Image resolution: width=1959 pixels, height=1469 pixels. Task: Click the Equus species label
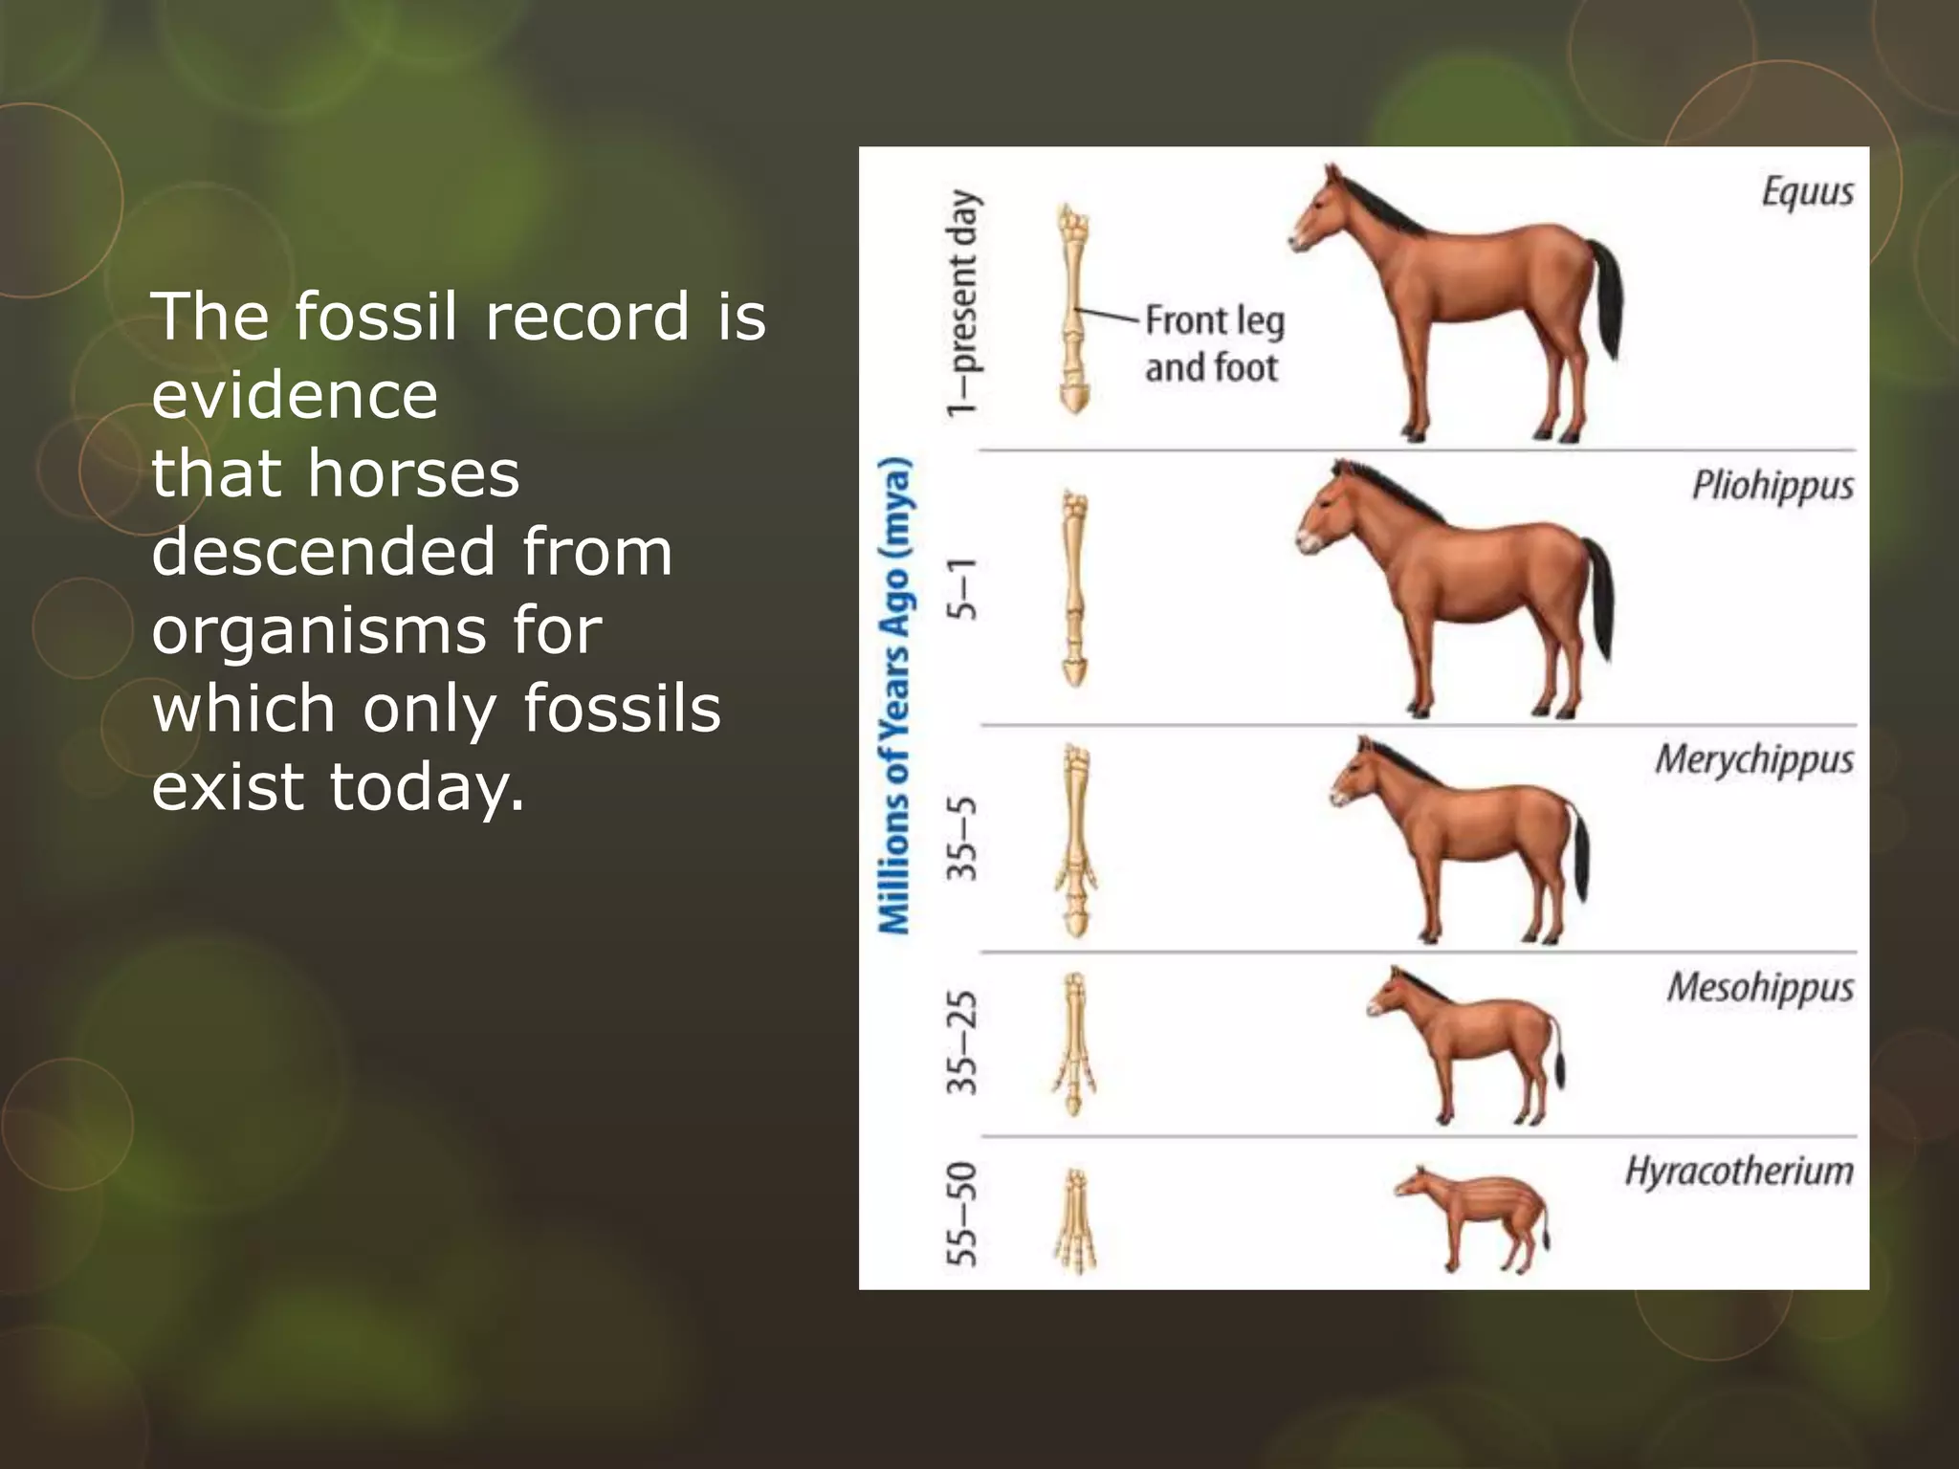pyautogui.click(x=1807, y=192)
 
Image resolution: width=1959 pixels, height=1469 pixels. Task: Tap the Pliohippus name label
pyautogui.click(x=1772, y=486)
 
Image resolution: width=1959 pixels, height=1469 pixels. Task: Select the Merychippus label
pyautogui.click(x=1754, y=760)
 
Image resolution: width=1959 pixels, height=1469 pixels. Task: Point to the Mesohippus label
pyautogui.click(x=1760, y=988)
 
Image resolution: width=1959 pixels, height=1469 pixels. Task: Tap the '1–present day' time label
pyautogui.click(x=963, y=303)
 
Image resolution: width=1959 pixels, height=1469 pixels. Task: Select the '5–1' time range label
pyautogui.click(x=963, y=588)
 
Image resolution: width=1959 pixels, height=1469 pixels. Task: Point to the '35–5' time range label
pyautogui.click(x=963, y=838)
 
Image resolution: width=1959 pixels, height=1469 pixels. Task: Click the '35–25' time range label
pyautogui.click(x=963, y=1043)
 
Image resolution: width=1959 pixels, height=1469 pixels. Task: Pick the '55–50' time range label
pyautogui.click(x=963, y=1214)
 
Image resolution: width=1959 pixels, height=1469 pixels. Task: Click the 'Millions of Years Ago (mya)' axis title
pyautogui.click(x=895, y=695)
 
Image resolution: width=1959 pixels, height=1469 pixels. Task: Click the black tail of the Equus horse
pyautogui.click(x=1607, y=296)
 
